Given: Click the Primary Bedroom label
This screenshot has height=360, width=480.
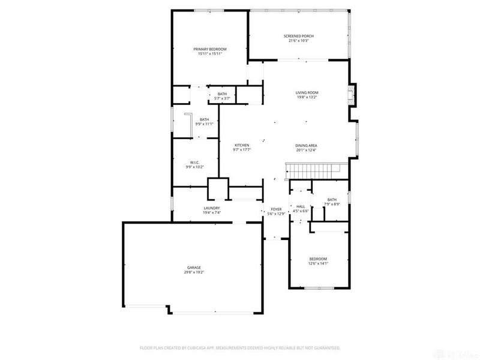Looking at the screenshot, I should click(210, 49).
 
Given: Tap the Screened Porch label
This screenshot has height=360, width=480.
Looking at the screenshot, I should click(298, 36).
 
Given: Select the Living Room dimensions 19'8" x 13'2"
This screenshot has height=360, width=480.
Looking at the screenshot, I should click(306, 97).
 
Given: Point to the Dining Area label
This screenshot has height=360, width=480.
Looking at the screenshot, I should click(306, 145).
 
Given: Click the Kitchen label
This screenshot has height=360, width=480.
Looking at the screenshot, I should click(241, 145).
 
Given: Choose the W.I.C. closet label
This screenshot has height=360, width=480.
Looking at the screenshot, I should click(194, 162).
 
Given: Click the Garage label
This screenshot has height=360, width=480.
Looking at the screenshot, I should click(193, 268).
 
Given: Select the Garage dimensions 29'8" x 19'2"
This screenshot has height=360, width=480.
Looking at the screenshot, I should click(193, 272).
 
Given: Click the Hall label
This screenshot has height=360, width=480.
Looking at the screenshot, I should click(301, 206).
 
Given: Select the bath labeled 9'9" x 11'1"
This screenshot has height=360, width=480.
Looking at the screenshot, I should click(205, 124).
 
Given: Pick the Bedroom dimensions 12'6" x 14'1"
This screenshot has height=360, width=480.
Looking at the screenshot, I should click(318, 263).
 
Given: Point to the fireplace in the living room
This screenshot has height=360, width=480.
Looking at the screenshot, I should click(353, 94).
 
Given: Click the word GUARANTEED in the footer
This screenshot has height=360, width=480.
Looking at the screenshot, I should click(326, 347).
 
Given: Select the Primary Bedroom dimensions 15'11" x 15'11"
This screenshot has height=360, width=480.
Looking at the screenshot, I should click(210, 54).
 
